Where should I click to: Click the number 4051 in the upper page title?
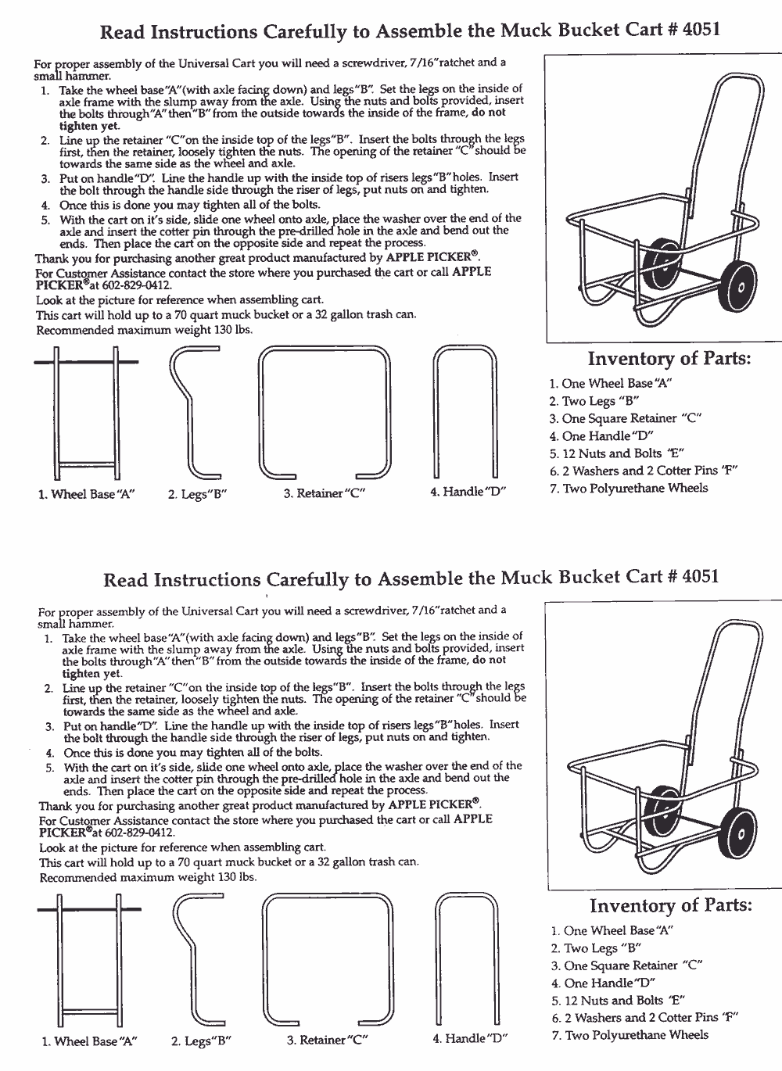[700, 30]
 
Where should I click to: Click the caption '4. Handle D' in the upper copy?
[468, 492]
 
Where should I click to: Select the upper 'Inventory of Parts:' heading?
[669, 359]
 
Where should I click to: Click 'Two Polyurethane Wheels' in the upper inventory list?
[635, 488]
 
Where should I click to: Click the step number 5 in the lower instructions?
[48, 768]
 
